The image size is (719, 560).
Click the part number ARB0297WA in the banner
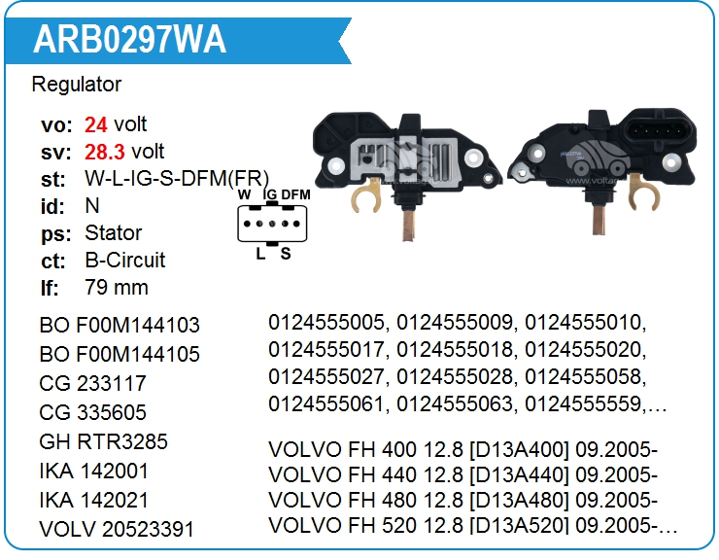tap(129, 40)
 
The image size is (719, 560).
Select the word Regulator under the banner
tap(77, 85)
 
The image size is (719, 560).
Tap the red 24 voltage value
tap(96, 124)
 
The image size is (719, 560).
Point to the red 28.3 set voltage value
tap(105, 152)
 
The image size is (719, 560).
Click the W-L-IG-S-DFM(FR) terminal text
tap(177, 179)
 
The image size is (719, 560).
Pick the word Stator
tap(114, 232)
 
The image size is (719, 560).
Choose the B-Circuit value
tap(124, 261)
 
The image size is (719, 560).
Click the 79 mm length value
tap(117, 288)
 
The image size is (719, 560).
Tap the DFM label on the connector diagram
tap(295, 194)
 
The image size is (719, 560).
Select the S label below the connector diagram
tap(286, 254)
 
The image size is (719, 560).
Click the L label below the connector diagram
tap(260, 254)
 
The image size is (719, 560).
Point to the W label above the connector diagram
tap(245, 194)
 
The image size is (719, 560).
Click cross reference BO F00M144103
tap(120, 325)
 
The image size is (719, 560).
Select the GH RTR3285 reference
tap(104, 441)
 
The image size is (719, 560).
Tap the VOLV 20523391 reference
tap(117, 529)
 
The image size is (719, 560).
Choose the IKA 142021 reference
tap(94, 500)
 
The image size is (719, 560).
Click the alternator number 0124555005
tap(326, 322)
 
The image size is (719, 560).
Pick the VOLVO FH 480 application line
tap(463, 500)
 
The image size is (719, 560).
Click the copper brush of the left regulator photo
tap(408, 225)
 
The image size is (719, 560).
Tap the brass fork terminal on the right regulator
tap(643, 192)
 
